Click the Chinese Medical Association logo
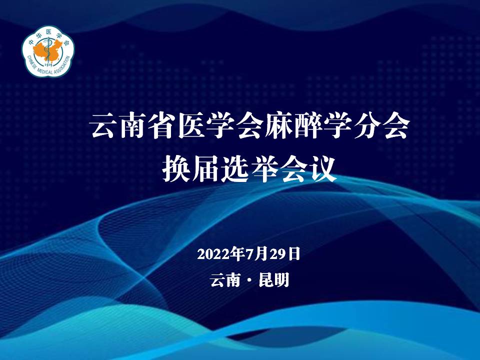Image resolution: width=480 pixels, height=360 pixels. pos(48,51)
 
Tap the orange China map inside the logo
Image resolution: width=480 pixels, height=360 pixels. pos(46,51)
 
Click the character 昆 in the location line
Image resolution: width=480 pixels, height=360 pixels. pos(266,280)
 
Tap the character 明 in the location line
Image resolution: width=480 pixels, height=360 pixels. pos(281,280)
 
